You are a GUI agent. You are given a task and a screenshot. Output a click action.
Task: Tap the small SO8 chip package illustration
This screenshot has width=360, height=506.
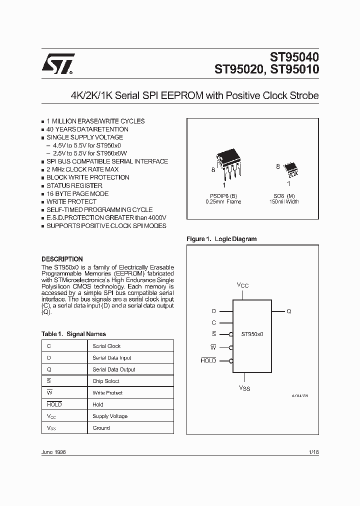[x=289, y=170]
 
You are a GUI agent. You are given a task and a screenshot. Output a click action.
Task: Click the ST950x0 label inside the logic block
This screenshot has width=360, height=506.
[x=253, y=334]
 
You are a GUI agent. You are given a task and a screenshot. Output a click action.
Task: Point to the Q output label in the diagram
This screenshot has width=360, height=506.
[x=289, y=311]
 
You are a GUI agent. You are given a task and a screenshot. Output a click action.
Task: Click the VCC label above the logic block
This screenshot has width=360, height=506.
[x=242, y=285]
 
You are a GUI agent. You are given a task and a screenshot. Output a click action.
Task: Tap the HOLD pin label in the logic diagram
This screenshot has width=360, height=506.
[x=208, y=360]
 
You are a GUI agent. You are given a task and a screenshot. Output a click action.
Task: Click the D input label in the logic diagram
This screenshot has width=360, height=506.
[x=213, y=311]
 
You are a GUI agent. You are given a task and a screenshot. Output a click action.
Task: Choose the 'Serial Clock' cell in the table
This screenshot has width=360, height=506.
[x=106, y=346]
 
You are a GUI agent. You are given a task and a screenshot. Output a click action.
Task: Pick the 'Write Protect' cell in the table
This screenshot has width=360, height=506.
[x=107, y=393]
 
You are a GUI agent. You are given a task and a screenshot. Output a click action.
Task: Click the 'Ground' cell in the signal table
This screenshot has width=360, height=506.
[x=101, y=428]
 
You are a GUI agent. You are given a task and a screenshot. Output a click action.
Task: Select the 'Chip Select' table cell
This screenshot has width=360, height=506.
[x=106, y=381]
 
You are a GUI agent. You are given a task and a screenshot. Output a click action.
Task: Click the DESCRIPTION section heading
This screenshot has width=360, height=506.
[x=62, y=259]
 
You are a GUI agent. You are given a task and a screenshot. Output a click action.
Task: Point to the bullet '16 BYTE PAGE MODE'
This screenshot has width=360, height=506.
[x=77, y=193]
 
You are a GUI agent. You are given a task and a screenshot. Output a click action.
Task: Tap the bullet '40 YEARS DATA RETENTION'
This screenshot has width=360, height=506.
[x=87, y=129]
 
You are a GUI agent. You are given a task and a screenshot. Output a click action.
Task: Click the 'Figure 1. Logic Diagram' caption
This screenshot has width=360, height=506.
[x=221, y=239]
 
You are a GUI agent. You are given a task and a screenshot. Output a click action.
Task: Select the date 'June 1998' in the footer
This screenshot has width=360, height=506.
[x=53, y=451]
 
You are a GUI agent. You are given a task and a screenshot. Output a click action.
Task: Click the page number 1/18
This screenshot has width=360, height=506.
[x=314, y=451]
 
